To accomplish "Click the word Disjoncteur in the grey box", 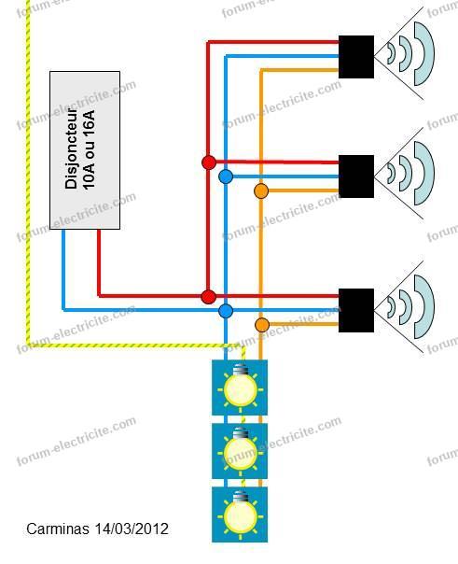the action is pyautogui.click(x=71, y=148).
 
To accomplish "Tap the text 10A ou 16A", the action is pyautogui.click(x=89, y=148).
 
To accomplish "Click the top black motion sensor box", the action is pyautogui.click(x=356, y=56).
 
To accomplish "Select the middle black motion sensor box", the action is pyautogui.click(x=356, y=176).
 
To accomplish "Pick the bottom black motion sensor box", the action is pyautogui.click(x=356, y=310).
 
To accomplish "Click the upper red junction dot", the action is pyautogui.click(x=209, y=162).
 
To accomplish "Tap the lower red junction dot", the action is pyautogui.click(x=208, y=297).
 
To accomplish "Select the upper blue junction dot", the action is pyautogui.click(x=226, y=176).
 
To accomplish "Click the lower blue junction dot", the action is pyautogui.click(x=226, y=311).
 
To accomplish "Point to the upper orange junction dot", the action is pyautogui.click(x=261, y=191).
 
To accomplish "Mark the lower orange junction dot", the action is pyautogui.click(x=262, y=325).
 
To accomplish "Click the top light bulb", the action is pyautogui.click(x=240, y=387).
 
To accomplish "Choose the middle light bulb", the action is pyautogui.click(x=240, y=450).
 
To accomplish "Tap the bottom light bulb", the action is pyautogui.click(x=240, y=514).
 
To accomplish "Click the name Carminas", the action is pyautogui.click(x=58, y=529).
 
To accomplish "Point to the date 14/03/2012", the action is pyautogui.click(x=132, y=529).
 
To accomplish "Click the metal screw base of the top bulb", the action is pyautogui.click(x=240, y=370).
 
